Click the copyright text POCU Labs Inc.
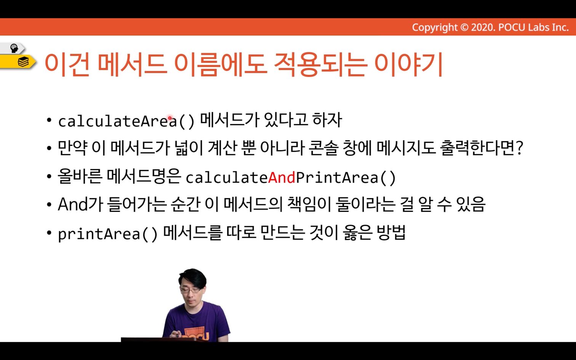533,27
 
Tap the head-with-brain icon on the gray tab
14,48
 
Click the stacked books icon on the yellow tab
23,62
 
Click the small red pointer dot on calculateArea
170,118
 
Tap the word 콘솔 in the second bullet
323,148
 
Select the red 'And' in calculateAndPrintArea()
282,178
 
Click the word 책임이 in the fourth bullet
309,205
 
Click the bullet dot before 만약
49,149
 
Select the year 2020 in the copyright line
482,27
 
